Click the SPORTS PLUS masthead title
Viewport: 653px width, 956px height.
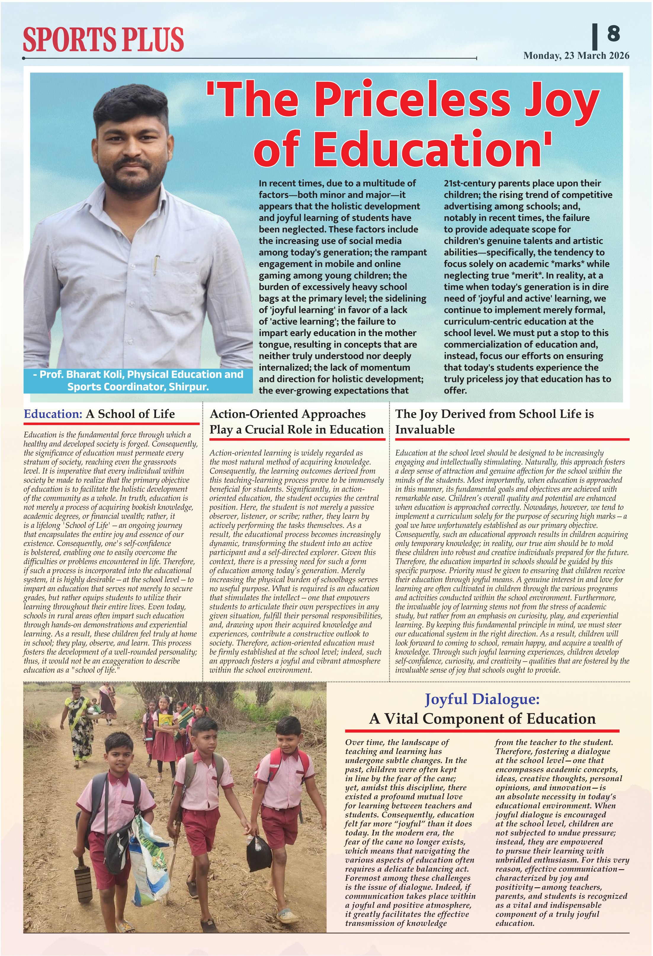click(x=103, y=39)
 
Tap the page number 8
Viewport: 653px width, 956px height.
click(x=613, y=33)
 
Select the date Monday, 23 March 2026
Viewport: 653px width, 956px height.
click(x=576, y=56)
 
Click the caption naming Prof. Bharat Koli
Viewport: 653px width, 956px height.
click(x=138, y=380)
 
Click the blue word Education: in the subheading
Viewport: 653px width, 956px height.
click(x=54, y=414)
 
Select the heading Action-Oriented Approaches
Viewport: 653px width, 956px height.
click(x=288, y=414)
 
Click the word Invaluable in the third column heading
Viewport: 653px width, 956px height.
click(x=425, y=430)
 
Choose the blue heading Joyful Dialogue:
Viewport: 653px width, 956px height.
click(x=482, y=699)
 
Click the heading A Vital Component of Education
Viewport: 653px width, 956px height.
click(x=482, y=719)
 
